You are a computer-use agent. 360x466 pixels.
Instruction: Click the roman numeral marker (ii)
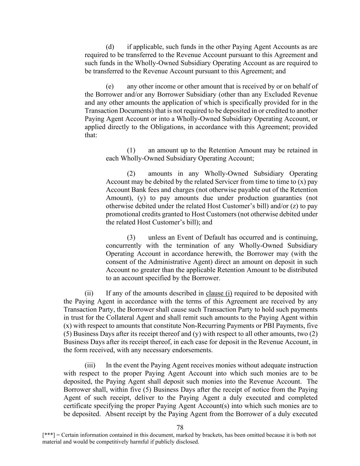[89, 293]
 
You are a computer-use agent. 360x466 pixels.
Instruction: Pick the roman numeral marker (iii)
[90, 365]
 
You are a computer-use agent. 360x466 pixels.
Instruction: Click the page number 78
[180, 427]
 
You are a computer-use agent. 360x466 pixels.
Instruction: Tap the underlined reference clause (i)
[219, 293]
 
